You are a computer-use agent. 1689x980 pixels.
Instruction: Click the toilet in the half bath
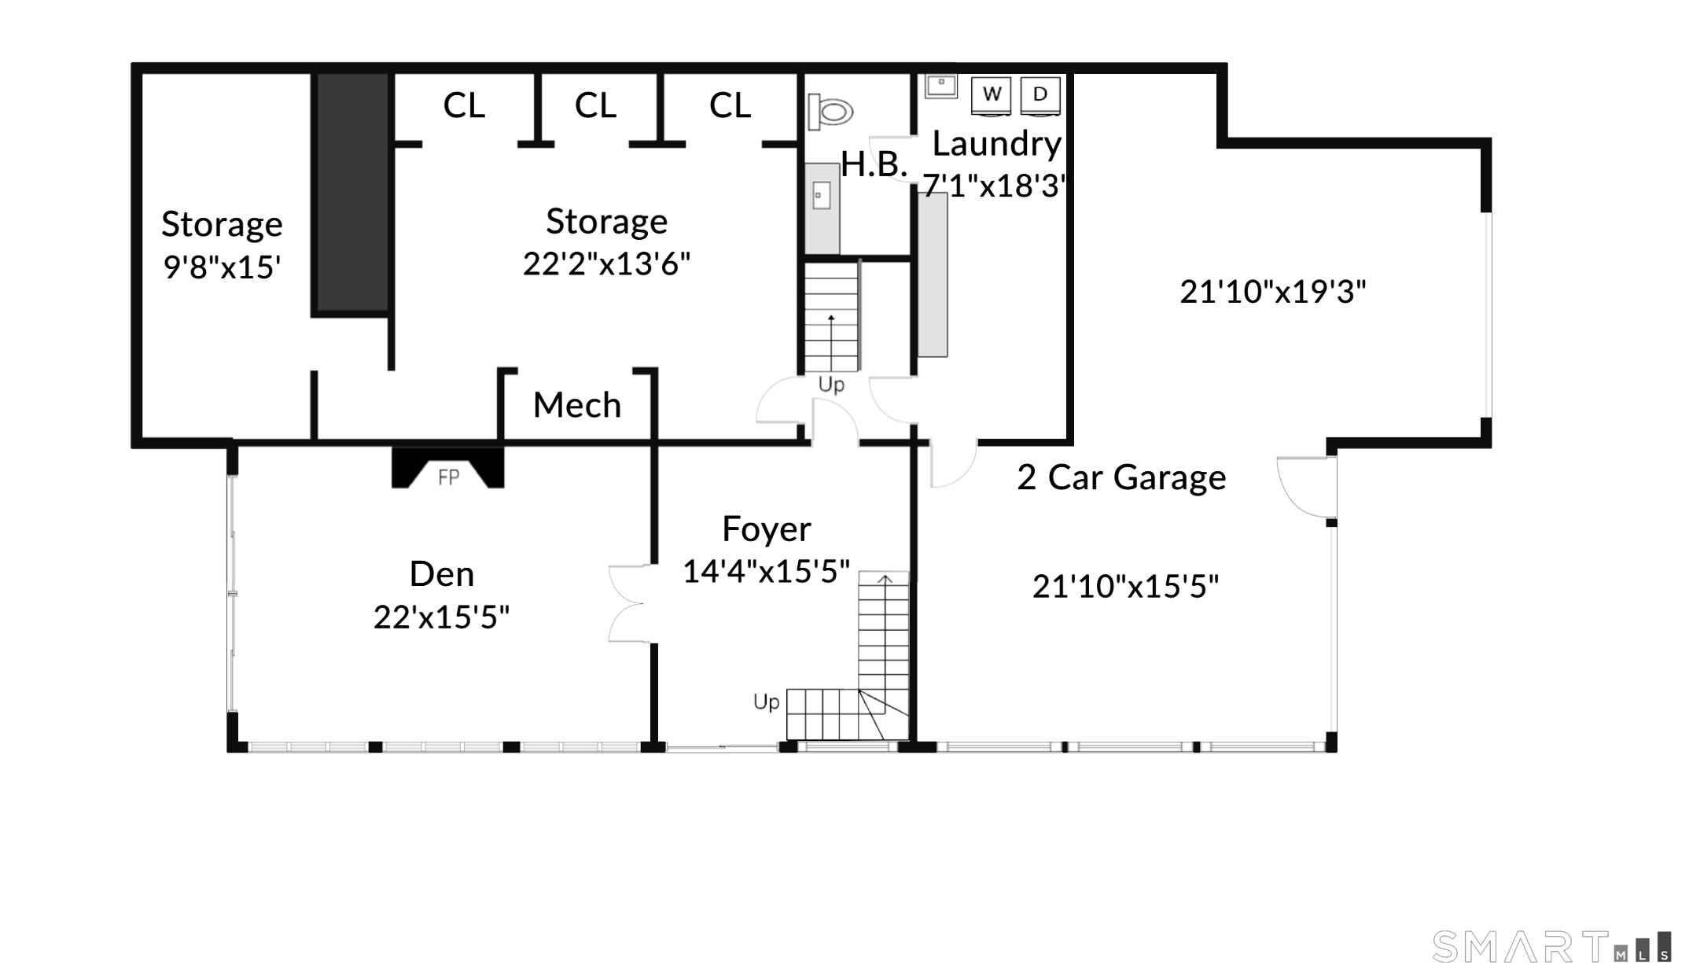pos(830,111)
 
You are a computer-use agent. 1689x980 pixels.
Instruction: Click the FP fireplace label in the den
pos(449,477)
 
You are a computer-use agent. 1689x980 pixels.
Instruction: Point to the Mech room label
pos(577,405)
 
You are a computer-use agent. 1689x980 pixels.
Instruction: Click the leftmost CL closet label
pos(464,105)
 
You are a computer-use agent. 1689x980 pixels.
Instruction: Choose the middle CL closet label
pos(595,105)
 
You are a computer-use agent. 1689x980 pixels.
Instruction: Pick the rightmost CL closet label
pos(730,105)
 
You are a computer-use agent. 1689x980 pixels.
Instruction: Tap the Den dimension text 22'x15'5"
pos(441,617)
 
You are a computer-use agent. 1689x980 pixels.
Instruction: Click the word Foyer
pos(767,529)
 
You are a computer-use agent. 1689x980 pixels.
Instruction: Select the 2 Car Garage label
pos(1121,477)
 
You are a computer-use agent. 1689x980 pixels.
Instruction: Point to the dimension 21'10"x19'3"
pos(1273,292)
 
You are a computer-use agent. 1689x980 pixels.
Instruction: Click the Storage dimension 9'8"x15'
pos(222,267)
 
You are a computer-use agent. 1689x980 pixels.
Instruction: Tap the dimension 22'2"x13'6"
pos(606,264)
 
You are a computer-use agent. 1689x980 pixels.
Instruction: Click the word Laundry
pos(997,144)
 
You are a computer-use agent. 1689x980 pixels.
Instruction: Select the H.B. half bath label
pos(874,164)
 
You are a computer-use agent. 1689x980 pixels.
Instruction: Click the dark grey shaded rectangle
pos(352,193)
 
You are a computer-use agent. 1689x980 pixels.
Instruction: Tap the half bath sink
pos(822,195)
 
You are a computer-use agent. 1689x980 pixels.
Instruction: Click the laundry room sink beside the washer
pos(940,85)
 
